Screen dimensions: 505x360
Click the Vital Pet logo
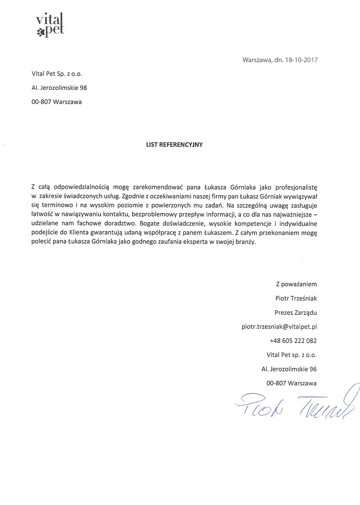click(50, 25)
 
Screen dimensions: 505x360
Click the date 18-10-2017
click(301, 60)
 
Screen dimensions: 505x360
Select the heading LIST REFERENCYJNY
click(174, 145)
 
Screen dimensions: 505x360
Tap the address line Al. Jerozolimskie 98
click(59, 88)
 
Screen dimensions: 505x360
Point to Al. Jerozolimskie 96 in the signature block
click(289, 369)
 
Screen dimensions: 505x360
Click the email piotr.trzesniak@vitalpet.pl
click(279, 326)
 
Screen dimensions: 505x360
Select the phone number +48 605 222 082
click(293, 341)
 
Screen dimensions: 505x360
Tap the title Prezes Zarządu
click(295, 312)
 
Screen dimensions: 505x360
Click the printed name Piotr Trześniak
click(296, 298)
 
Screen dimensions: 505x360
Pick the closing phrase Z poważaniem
click(296, 284)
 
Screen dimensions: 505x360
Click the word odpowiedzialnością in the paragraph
click(81, 188)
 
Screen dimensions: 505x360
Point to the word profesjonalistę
click(296, 188)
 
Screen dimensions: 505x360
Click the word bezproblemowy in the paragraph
click(154, 215)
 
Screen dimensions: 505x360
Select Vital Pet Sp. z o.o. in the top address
click(57, 74)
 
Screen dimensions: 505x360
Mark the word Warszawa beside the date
click(256, 60)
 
